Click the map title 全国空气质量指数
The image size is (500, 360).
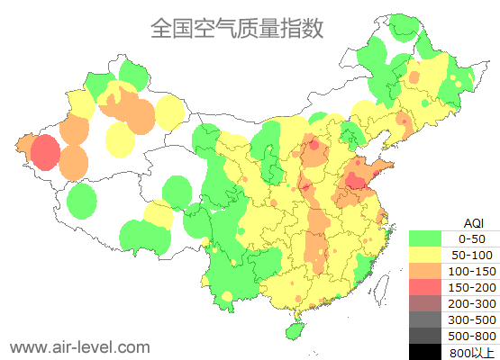(x=236, y=29)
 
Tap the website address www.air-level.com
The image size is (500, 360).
(x=80, y=346)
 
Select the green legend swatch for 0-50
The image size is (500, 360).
(x=425, y=238)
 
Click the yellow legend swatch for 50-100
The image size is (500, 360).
(x=425, y=255)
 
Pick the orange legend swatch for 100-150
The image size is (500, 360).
(x=425, y=271)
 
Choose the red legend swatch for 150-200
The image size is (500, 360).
(x=425, y=287)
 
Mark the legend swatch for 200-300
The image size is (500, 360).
(x=425, y=303)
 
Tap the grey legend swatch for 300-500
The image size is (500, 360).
(x=425, y=319)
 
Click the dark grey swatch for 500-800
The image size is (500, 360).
(x=425, y=336)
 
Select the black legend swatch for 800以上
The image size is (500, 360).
(x=425, y=351)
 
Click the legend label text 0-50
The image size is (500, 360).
(x=471, y=238)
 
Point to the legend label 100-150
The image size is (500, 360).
(x=471, y=271)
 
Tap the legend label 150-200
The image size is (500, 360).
(x=471, y=287)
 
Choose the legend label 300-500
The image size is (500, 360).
(x=471, y=319)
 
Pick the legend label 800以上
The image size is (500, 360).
(x=471, y=352)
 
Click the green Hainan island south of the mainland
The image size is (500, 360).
(x=293, y=329)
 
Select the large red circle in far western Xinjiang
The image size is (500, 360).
(x=45, y=153)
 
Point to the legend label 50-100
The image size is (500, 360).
(x=471, y=255)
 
